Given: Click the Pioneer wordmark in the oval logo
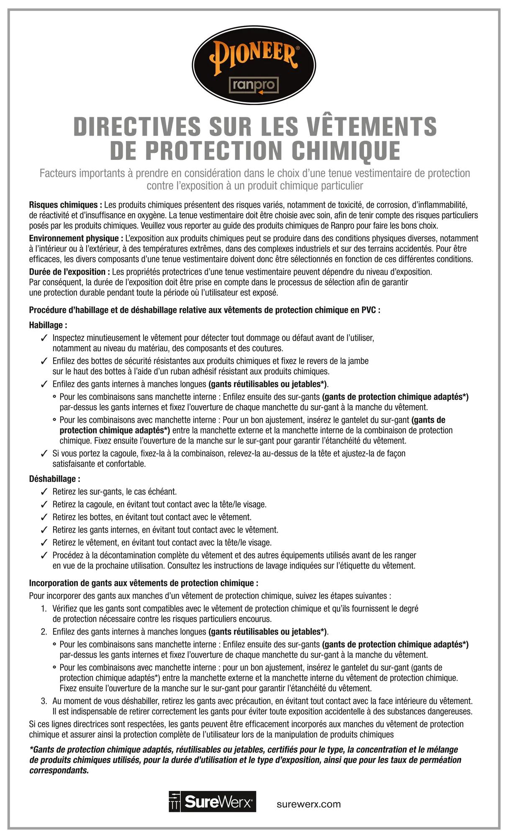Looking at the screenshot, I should (254, 56).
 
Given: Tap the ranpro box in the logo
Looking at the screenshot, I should (254, 85).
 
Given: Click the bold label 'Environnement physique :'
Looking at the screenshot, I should (76, 239).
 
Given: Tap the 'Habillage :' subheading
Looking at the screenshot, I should (48, 325).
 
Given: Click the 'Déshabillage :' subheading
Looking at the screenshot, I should (54, 479).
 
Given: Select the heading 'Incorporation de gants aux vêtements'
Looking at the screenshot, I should (144, 583).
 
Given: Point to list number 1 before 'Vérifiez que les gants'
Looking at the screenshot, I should (44, 609).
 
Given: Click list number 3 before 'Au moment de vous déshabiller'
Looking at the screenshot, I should (44, 701).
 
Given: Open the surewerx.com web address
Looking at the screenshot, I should (309, 804).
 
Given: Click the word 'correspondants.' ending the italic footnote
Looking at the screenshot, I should (59, 770).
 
